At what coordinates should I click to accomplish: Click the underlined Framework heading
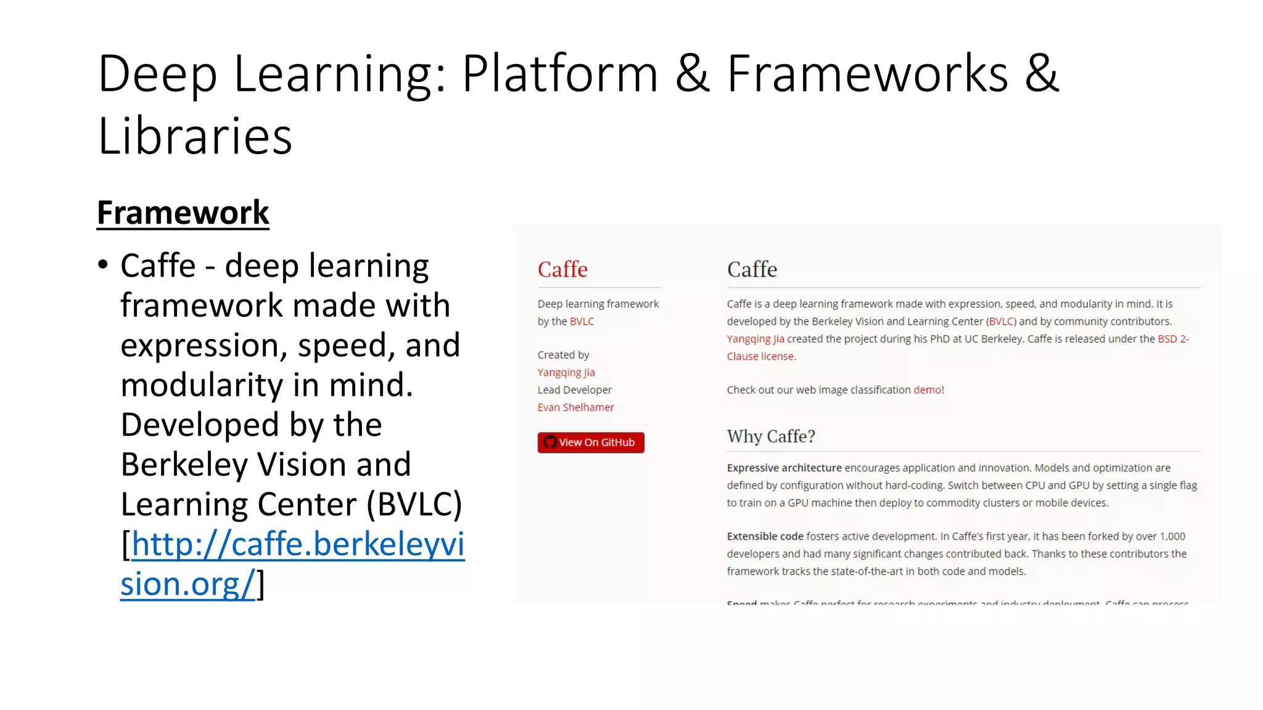tap(183, 213)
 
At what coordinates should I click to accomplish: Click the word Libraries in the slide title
tap(195, 136)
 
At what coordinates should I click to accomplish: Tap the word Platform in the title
tap(560, 74)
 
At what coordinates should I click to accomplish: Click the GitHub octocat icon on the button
tap(550, 443)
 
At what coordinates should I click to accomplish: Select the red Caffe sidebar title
tap(562, 269)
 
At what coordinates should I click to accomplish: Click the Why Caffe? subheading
tap(770, 436)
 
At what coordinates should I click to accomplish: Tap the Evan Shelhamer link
tap(575, 407)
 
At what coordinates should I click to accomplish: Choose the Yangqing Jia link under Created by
tap(566, 372)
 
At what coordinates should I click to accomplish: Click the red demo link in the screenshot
tap(927, 390)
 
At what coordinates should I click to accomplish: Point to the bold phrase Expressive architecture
tap(784, 468)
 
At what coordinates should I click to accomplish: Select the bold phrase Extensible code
tap(765, 537)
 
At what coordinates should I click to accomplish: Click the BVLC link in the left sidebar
tap(582, 322)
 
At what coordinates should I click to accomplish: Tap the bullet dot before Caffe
tap(103, 265)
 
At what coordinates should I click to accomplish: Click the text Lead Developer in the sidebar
tap(574, 390)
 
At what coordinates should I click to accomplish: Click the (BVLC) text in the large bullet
tap(414, 505)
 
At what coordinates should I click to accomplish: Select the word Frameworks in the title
tap(867, 74)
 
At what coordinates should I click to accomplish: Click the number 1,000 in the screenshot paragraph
tap(1172, 537)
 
